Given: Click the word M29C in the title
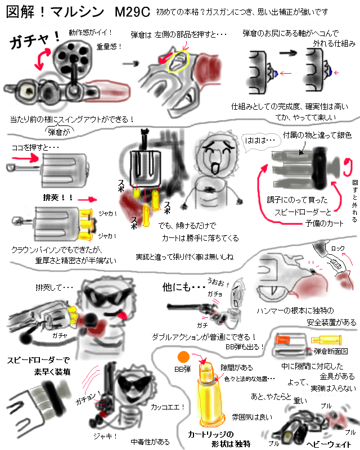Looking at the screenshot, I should click(x=133, y=12).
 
